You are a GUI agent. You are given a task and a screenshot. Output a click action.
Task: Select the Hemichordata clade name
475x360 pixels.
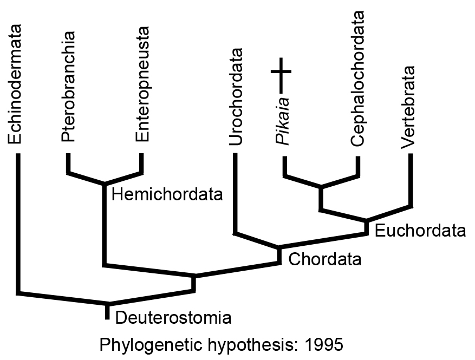[167, 194]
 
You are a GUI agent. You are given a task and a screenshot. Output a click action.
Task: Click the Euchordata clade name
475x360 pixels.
[420, 231]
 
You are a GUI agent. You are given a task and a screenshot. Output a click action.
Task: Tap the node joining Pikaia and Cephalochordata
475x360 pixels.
[321, 188]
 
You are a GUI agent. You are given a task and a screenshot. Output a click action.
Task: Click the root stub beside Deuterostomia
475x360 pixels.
[108, 312]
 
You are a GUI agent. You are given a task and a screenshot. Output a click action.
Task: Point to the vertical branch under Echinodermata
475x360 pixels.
[18, 222]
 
